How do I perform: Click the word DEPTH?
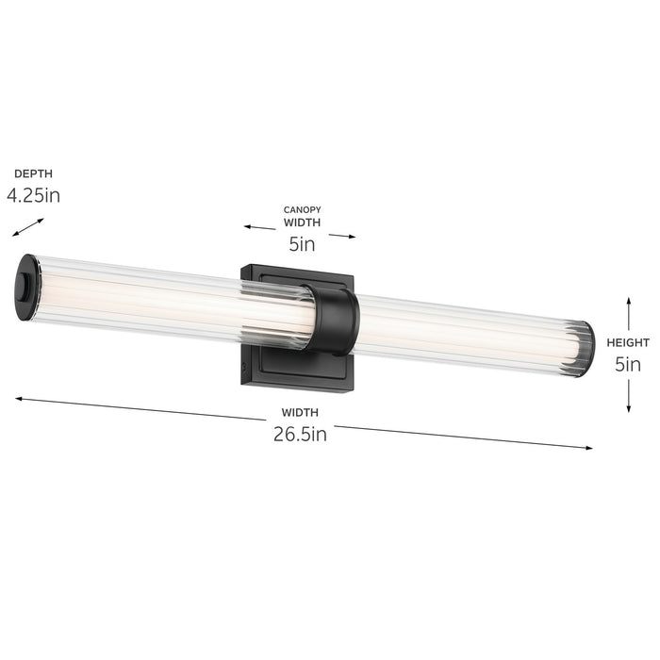[32, 173]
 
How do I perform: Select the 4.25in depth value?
[33, 196]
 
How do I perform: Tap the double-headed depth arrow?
[28, 228]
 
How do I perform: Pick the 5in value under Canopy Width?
[302, 245]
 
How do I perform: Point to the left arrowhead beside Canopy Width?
[247, 227]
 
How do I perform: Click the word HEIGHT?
[628, 343]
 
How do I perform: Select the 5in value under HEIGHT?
[628, 365]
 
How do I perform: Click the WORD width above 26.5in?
[300, 412]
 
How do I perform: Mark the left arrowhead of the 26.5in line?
[18, 399]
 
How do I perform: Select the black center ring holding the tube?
[337, 321]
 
